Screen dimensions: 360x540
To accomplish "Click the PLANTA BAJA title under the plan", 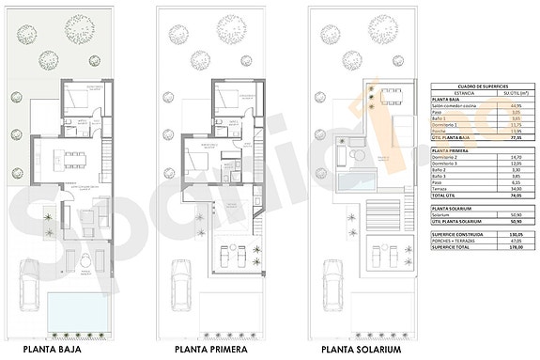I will click(x=53, y=349).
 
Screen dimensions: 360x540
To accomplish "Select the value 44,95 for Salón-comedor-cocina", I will click(x=515, y=105).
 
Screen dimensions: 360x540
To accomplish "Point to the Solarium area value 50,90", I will click(x=515, y=214).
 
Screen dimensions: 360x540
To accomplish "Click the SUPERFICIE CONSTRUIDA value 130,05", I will click(x=515, y=235).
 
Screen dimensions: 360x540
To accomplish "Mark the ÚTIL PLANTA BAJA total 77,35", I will click(x=515, y=138).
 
